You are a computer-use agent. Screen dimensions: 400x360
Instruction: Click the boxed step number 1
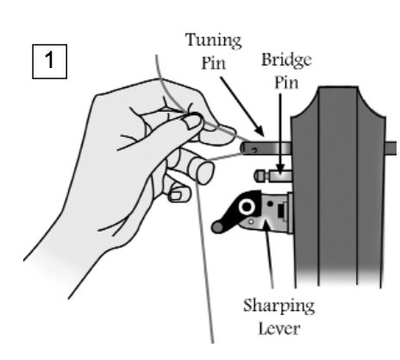49,61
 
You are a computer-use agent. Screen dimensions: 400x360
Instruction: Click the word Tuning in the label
214,40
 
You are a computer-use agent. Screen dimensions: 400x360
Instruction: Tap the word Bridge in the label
286,60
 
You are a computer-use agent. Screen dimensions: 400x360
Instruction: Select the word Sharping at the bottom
279,306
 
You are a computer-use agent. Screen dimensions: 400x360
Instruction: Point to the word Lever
279,328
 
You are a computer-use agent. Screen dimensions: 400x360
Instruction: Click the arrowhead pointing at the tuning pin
259,131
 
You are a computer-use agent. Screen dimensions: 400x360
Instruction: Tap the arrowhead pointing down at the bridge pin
280,168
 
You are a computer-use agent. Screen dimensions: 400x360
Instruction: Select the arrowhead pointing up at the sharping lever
266,225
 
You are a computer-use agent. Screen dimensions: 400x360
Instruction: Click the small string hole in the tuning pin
254,150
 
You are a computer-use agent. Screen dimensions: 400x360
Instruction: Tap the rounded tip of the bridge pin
259,176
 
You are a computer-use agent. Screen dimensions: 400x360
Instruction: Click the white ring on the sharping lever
247,207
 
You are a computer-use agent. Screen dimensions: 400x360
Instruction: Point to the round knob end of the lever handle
217,227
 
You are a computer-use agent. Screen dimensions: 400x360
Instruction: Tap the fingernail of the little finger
175,196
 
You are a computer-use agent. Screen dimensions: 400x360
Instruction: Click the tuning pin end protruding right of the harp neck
391,149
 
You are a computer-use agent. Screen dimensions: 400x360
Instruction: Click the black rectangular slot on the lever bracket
280,211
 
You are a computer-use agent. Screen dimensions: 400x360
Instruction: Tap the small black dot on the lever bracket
270,204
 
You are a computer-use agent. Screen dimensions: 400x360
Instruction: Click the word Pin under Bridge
286,83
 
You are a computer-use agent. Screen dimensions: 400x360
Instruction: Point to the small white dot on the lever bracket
251,222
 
